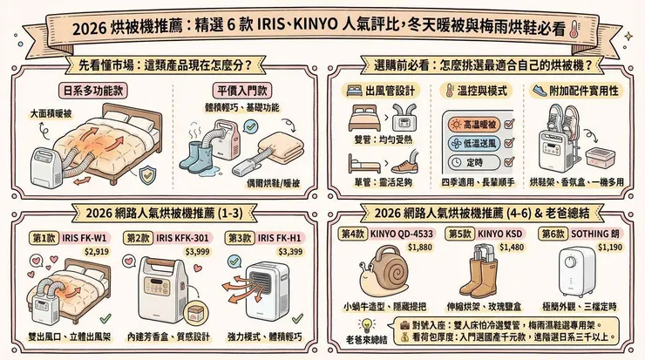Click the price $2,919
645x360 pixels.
pyautogui.click(x=95, y=250)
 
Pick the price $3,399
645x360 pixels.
pyautogui.click(x=289, y=251)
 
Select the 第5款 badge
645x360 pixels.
pyautogui.click(x=459, y=234)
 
